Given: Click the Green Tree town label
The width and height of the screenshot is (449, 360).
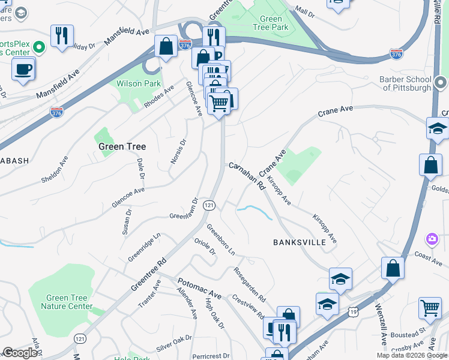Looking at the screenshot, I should tap(122, 146).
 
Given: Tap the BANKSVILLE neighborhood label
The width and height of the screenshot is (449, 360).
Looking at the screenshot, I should tap(299, 242).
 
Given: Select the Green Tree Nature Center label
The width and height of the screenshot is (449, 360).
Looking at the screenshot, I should tap(67, 302).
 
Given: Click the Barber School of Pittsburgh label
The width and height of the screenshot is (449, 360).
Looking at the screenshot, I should tap(405, 83).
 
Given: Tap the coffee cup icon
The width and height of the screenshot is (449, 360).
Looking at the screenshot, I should tap(23, 68).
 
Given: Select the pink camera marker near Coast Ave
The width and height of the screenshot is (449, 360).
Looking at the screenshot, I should tap(432, 239).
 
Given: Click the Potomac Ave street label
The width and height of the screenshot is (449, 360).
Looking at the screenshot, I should tap(199, 289).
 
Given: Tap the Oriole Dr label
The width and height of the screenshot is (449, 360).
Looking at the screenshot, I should tap(205, 247).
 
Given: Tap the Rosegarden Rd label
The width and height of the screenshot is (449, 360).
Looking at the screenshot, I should tap(250, 284).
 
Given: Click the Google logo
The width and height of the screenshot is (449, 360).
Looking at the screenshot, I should tap(20, 353).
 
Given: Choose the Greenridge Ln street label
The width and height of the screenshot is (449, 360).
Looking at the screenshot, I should tap(144, 248).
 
